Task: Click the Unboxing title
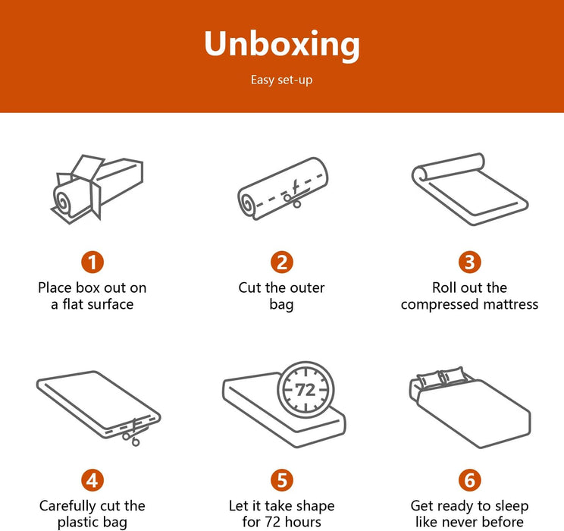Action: (x=282, y=44)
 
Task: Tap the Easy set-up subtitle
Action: (x=282, y=80)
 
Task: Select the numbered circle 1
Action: (x=92, y=262)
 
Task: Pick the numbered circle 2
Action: (x=282, y=262)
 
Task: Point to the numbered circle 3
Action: (x=470, y=262)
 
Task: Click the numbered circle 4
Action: (x=92, y=480)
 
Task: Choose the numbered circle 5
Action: (x=282, y=480)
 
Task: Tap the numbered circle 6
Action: (x=470, y=480)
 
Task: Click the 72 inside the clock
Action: (x=305, y=389)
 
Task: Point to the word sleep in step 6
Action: (x=512, y=506)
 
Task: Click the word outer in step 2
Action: (x=307, y=288)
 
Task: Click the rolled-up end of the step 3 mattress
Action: (x=421, y=175)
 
